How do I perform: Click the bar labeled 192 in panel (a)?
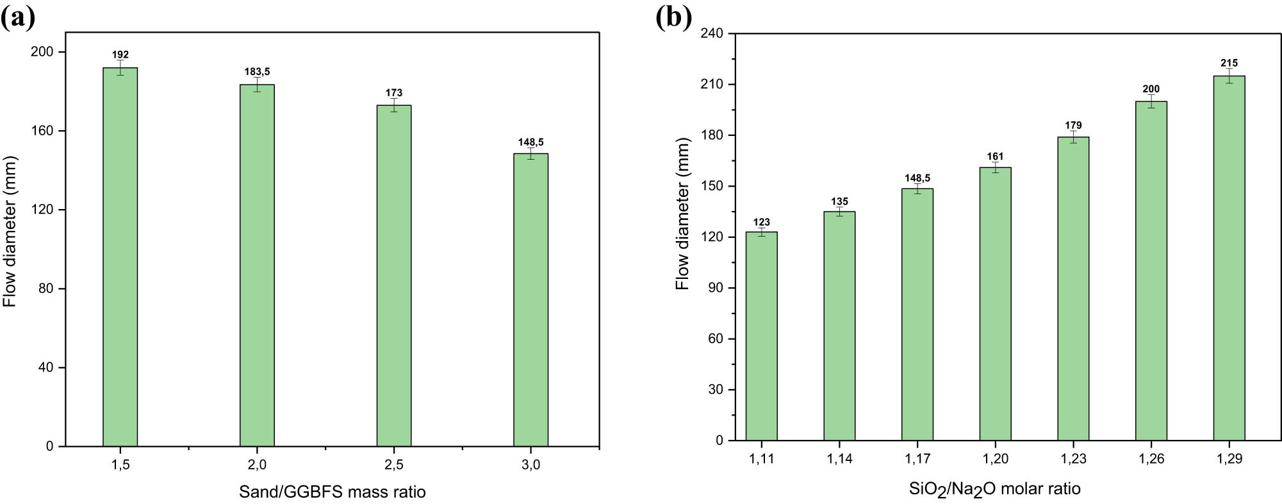[120, 256]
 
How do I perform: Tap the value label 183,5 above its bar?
[257, 72]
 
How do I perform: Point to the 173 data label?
[394, 93]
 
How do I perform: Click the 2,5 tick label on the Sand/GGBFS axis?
[394, 465]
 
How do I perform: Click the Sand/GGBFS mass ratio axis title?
[332, 492]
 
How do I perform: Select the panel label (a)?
[18, 17]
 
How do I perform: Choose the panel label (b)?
[674, 17]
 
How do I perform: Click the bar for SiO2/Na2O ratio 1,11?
[761, 336]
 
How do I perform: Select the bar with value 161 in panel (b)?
[995, 304]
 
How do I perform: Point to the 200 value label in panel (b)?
[1151, 89]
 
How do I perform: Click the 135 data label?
[839, 201]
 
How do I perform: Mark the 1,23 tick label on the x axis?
[1073, 458]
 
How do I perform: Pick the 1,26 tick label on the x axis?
[1151, 458]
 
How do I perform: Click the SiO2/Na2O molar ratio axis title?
[994, 489]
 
